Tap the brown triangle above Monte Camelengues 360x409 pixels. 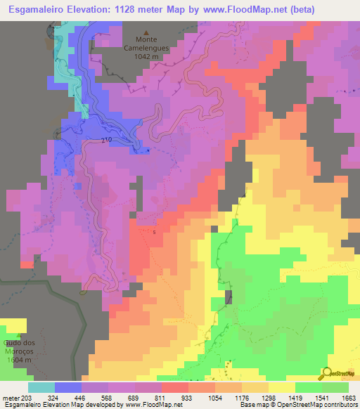(x=146, y=32)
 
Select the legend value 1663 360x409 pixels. (x=348, y=398)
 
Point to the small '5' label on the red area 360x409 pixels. (x=155, y=230)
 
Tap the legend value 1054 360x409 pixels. (x=215, y=398)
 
